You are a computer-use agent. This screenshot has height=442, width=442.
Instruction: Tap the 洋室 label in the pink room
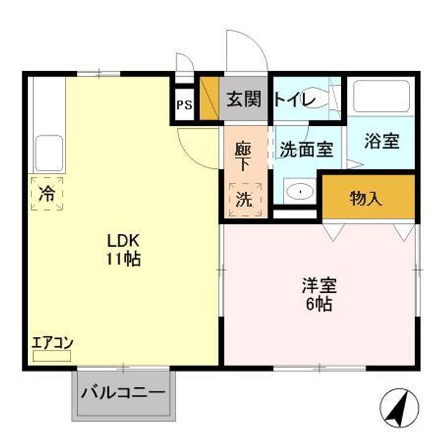319,285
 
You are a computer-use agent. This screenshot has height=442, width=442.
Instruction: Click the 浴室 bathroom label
381,142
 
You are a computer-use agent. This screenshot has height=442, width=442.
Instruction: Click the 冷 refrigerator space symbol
47,195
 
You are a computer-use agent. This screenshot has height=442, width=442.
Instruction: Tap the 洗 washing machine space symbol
244,200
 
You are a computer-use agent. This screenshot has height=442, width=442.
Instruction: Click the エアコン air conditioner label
52,343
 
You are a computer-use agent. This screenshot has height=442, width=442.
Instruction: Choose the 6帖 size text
319,304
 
